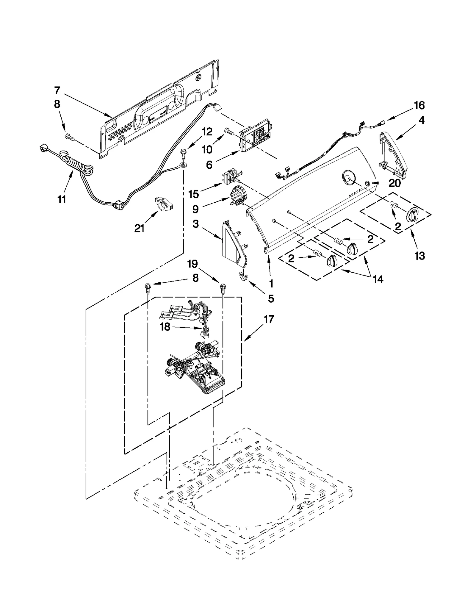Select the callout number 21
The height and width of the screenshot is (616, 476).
(x=139, y=228)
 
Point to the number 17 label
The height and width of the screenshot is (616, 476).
(x=269, y=319)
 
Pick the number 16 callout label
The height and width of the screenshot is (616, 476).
(x=419, y=105)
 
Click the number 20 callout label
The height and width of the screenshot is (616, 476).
(x=394, y=183)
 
